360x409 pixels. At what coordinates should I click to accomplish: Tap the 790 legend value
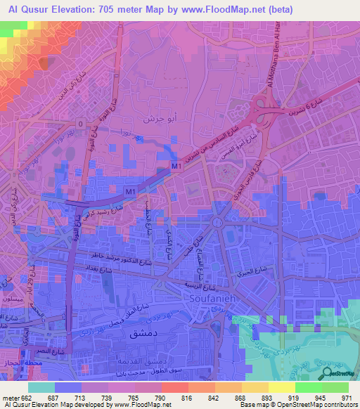[x=160, y=397]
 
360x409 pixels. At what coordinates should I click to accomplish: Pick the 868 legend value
[x=241, y=397]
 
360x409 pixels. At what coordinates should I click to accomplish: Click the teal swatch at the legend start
[x=41, y=387]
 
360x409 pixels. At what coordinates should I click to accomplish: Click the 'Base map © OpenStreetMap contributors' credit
[x=300, y=405]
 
